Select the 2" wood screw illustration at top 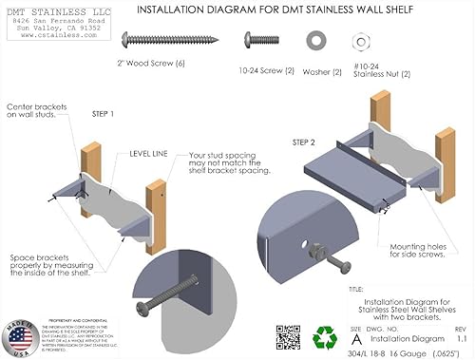click(157, 41)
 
